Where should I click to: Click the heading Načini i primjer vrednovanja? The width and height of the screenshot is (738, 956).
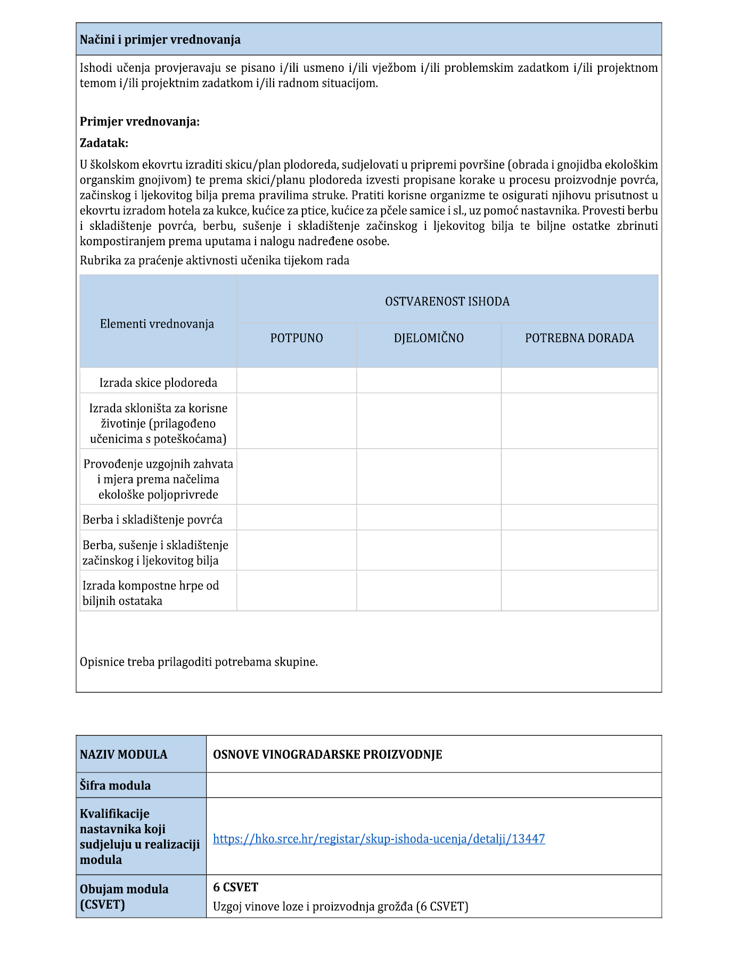[160, 40]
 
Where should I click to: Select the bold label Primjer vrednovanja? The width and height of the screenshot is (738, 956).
[140, 122]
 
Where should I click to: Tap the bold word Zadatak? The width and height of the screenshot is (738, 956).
[104, 143]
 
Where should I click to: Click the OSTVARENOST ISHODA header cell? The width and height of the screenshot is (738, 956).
[447, 302]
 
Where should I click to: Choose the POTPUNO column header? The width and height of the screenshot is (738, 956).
[297, 338]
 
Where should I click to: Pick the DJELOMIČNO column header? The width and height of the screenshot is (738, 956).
[429, 338]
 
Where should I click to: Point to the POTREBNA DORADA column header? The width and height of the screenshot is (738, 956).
[579, 338]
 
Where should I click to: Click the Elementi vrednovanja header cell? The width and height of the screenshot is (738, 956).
[157, 324]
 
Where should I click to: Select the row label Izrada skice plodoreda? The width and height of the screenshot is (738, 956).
[158, 383]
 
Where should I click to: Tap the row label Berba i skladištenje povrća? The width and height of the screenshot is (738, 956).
[152, 520]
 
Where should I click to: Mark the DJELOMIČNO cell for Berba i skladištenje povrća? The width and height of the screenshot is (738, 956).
[429, 518]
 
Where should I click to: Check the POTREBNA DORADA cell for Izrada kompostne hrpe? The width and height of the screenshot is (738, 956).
[579, 591]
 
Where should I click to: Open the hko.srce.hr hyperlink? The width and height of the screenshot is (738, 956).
[379, 839]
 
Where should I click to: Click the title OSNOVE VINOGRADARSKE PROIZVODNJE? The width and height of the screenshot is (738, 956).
[327, 755]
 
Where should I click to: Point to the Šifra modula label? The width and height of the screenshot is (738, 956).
[115, 786]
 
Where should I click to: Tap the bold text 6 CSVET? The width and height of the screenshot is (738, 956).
[235, 887]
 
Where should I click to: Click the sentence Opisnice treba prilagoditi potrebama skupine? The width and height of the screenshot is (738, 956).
[199, 662]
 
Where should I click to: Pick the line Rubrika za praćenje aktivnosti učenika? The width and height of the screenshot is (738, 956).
[215, 261]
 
